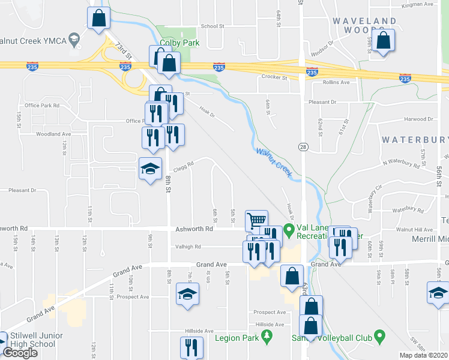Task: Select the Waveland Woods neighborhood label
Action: click(x=364, y=25)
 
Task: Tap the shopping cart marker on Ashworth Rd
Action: click(x=256, y=220)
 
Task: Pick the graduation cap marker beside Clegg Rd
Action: click(x=151, y=168)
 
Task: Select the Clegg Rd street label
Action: click(x=184, y=164)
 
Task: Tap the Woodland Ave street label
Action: click(x=53, y=134)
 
